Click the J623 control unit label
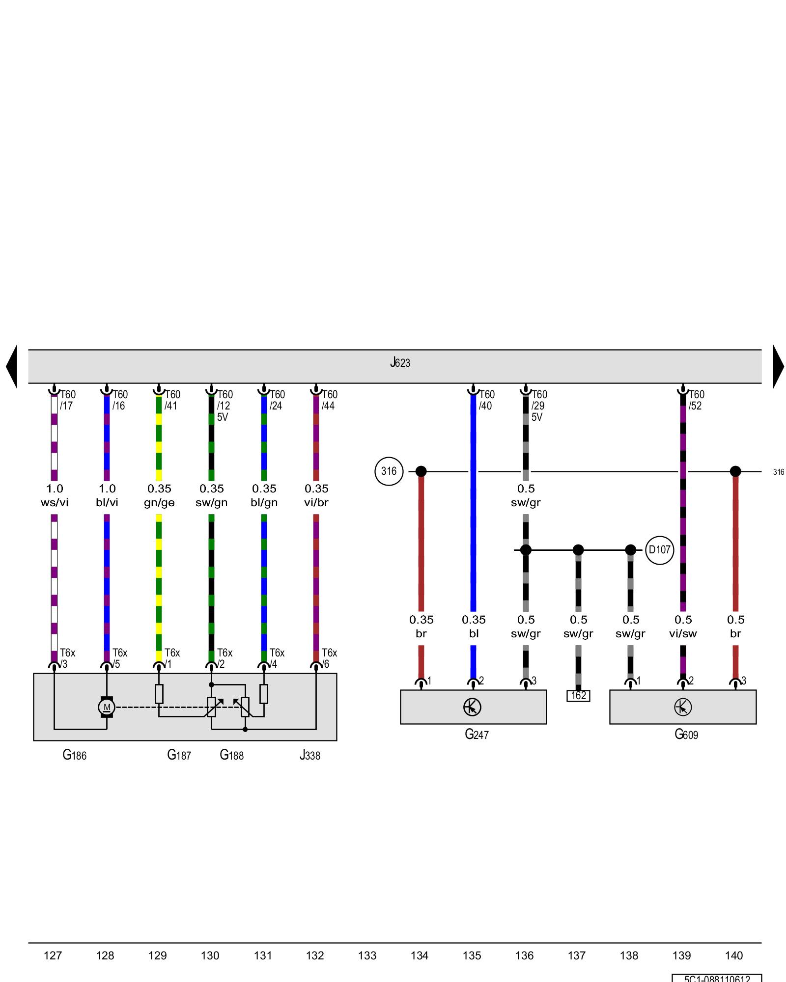tap(400, 363)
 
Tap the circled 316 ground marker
tap(389, 471)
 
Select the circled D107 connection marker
tap(659, 550)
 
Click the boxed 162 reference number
tap(578, 696)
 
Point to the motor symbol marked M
tap(107, 707)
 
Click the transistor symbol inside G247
tap(472, 707)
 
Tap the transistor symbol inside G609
tap(683, 707)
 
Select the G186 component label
tap(75, 755)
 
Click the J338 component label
tap(310, 755)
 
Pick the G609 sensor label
tap(686, 734)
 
